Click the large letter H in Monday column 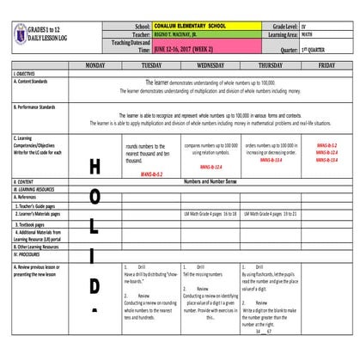[x=95, y=167]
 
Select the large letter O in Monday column [x=95, y=198]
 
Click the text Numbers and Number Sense [x=211, y=182]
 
